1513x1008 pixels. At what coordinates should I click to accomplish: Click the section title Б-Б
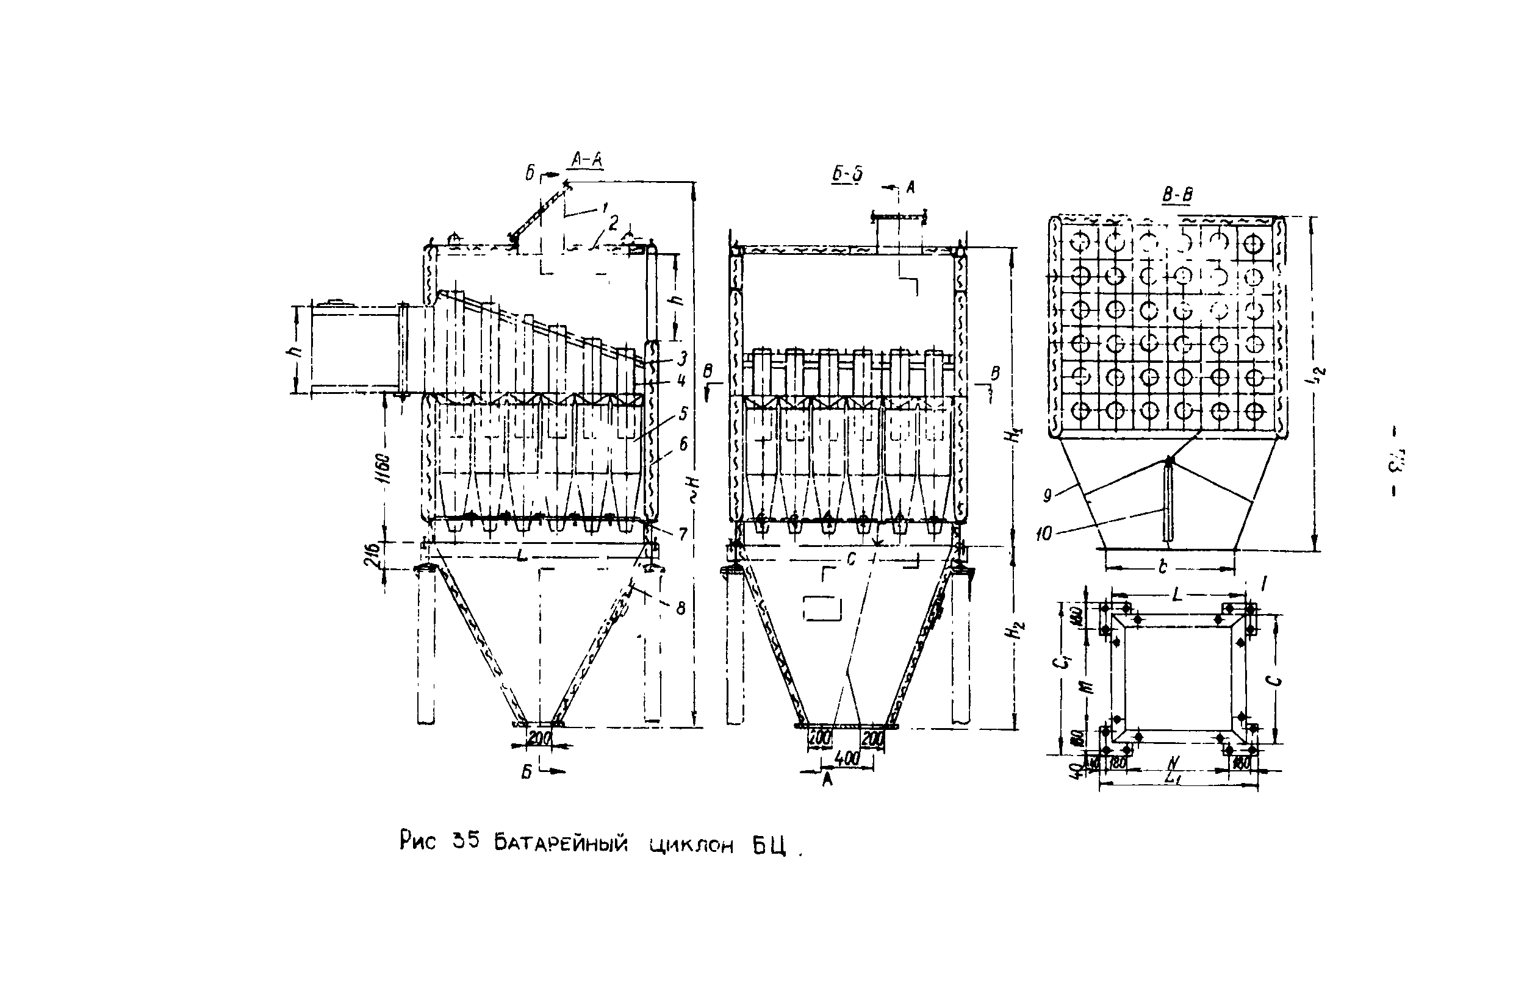[846, 174]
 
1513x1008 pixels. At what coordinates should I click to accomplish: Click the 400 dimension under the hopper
[847, 759]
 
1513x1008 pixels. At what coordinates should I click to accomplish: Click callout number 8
[681, 607]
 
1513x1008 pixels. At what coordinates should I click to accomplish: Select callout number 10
[1044, 533]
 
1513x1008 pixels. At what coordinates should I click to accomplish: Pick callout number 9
[1048, 495]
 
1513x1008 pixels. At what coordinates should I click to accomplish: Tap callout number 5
[683, 413]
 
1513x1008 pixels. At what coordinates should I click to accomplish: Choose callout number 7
[682, 533]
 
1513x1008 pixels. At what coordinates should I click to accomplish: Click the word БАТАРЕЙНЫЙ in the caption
[560, 842]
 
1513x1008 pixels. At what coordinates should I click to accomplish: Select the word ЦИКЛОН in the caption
[691, 845]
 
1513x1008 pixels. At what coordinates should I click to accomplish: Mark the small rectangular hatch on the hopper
[822, 607]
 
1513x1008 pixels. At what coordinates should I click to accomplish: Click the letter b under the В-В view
[1163, 567]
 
